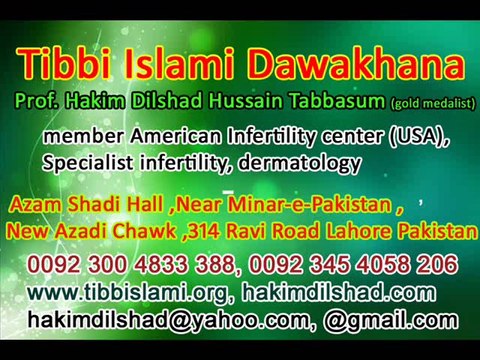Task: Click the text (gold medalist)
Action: pyautogui.click(x=432, y=103)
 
